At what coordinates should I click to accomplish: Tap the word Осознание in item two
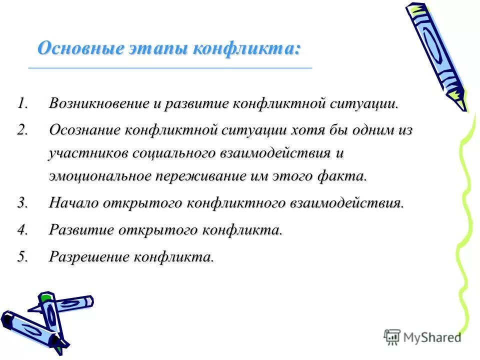pos(85,130)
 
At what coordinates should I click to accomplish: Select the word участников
pos(88,153)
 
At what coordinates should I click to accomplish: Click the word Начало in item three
pos(74,203)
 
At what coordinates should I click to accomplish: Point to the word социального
pos(173,153)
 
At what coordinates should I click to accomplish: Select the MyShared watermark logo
pos(423,337)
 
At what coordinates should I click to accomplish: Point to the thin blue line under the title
pos(170,67)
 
